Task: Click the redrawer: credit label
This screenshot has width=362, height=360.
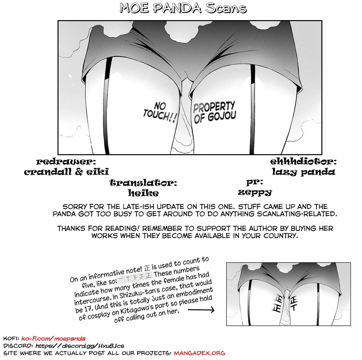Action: click(66, 162)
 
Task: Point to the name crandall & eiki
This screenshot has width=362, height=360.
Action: click(66, 172)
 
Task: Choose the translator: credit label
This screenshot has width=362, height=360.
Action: click(143, 183)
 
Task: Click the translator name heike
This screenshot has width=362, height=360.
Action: click(143, 193)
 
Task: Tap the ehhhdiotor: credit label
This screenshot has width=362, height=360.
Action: click(303, 161)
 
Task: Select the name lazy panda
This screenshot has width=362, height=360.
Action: click(303, 172)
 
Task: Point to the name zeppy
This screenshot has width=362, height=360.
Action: click(254, 192)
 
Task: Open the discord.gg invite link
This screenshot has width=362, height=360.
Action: click(80, 346)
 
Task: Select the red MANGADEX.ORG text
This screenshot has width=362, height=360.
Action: click(200, 353)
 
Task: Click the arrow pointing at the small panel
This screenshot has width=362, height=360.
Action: click(201, 309)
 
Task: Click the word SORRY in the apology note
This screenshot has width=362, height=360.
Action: click(75, 207)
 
